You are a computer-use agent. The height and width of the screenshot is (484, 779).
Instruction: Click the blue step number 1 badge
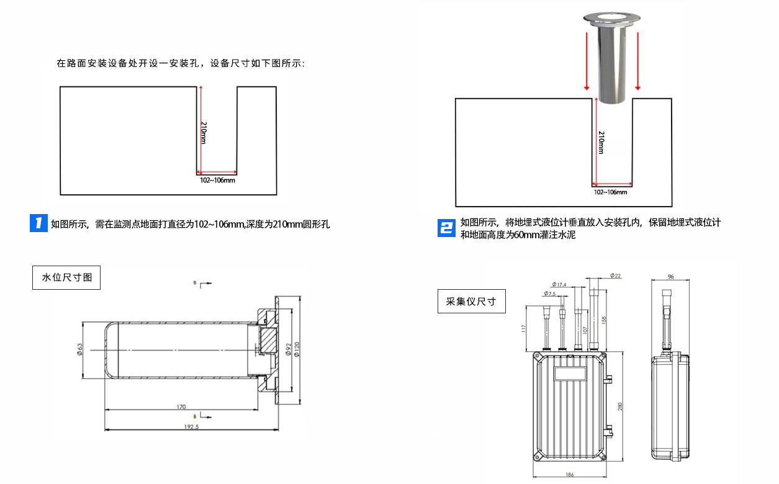point(39,223)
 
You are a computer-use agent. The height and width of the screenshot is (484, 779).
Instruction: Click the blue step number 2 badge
point(446,228)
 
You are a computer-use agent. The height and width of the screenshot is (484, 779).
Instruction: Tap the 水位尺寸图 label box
point(66,277)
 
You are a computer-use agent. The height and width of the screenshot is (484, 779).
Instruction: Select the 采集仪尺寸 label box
point(471,302)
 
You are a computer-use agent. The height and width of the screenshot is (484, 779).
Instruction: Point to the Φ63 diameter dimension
point(80,350)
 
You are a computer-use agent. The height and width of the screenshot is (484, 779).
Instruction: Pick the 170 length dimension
point(181,407)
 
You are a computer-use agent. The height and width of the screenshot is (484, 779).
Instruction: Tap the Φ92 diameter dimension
point(288,351)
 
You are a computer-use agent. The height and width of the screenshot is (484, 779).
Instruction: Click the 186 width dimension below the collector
point(570,475)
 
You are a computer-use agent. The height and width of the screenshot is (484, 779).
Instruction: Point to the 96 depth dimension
point(670,277)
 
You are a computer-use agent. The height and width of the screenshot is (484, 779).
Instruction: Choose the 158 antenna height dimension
point(604,320)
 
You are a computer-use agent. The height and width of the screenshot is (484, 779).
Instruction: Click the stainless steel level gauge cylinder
point(612,62)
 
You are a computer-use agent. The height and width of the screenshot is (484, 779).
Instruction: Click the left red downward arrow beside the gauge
point(586,62)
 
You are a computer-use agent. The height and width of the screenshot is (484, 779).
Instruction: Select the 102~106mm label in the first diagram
point(217,180)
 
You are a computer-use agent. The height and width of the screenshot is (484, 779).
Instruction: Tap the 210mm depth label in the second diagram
point(601,142)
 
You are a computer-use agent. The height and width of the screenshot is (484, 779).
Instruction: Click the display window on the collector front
point(570,374)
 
